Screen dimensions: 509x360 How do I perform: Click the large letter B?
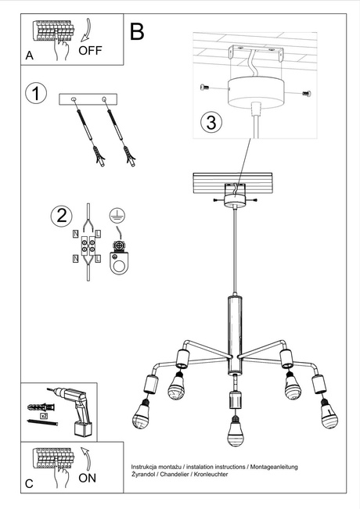pos(138,31)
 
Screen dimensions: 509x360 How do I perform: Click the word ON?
pos(88,479)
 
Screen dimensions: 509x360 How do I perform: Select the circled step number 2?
pos(60,216)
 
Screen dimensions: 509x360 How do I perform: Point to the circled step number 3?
pos(210,122)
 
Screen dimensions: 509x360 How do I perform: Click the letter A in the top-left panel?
pos(29,56)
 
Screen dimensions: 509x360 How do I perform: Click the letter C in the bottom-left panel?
pos(29,484)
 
